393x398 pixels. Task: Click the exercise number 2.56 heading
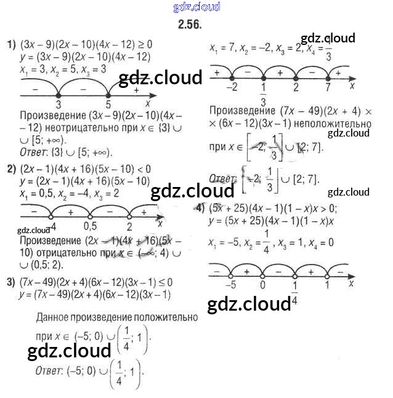189,25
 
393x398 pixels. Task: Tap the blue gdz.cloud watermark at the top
197,7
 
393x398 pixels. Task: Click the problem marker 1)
10,44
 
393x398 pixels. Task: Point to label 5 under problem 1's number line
108,105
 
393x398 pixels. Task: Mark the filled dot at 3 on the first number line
58,95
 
